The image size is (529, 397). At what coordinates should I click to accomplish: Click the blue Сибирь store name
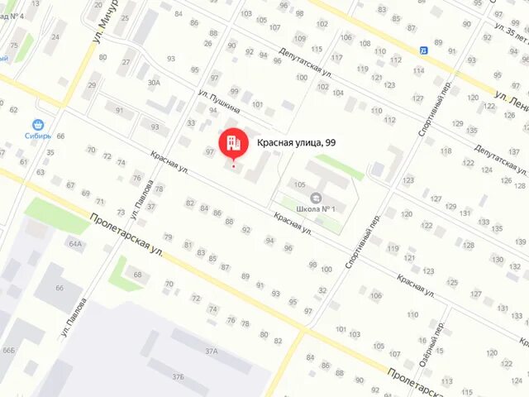[x=37, y=135]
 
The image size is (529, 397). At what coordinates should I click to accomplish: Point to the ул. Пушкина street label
[x=220, y=99]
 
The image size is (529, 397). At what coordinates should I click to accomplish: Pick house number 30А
[x=154, y=83]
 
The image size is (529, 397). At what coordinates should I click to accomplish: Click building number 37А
[x=212, y=352]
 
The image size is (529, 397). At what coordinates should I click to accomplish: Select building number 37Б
[x=177, y=376]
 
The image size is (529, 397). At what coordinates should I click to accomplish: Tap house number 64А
[x=76, y=244]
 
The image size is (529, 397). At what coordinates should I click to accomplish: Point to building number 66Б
[x=8, y=351]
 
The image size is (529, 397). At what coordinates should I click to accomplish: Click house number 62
[x=13, y=110]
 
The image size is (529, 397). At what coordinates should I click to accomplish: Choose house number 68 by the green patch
[x=137, y=275]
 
